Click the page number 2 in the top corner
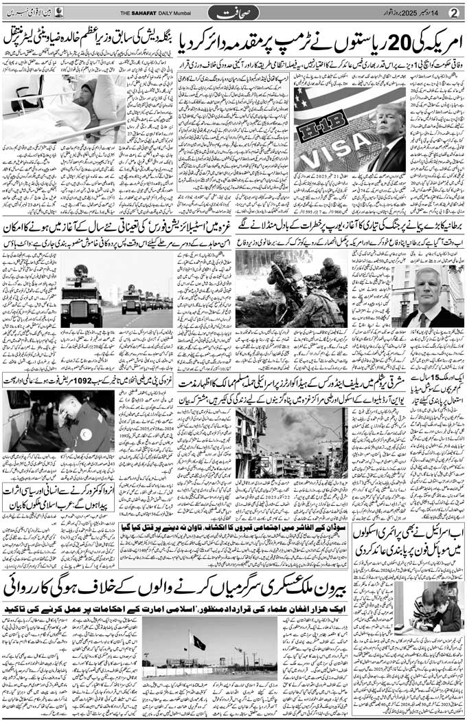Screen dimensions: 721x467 453,11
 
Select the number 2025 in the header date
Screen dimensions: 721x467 405,12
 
